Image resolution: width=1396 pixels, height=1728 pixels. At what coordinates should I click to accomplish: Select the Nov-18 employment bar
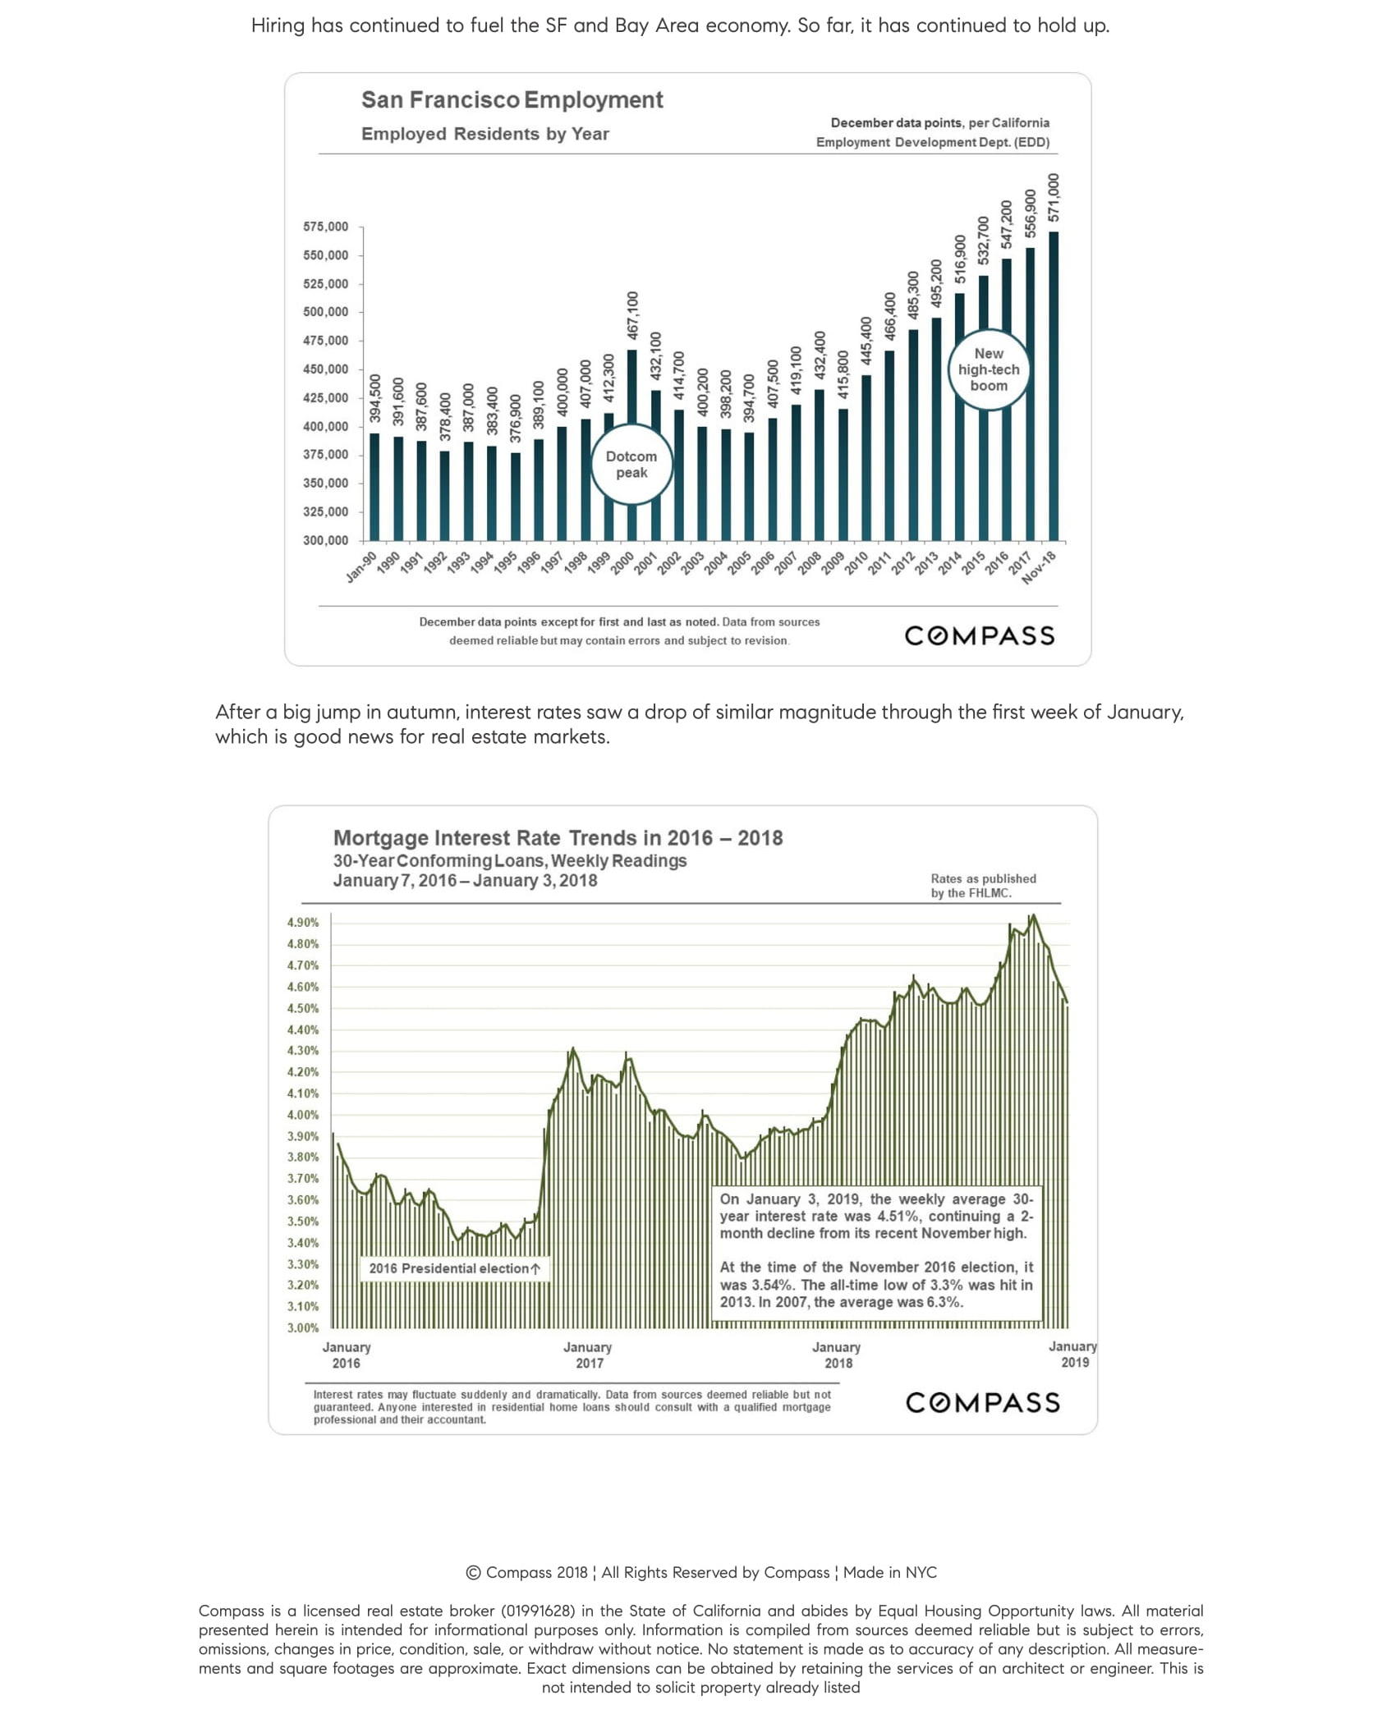1054,386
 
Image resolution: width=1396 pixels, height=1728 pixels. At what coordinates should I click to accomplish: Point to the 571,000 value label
1054,197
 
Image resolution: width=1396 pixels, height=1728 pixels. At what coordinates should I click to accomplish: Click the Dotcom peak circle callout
631,465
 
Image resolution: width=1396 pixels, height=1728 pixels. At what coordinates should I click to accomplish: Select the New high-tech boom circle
989,369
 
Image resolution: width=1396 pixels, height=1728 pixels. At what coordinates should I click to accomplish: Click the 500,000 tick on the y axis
326,312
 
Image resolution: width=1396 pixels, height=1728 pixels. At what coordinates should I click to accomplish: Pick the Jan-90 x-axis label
361,567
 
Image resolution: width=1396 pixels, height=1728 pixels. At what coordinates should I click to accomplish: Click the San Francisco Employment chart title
512,100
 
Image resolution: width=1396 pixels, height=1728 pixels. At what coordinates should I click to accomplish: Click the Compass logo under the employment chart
979,635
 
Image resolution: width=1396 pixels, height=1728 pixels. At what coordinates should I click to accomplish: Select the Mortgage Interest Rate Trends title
558,837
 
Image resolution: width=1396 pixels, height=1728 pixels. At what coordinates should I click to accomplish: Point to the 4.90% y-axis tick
303,923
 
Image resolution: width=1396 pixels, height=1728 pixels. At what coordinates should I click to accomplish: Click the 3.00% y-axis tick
303,1327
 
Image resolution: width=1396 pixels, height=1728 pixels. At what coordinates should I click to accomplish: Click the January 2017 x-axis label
588,1355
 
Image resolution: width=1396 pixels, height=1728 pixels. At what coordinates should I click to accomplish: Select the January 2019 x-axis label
1073,1354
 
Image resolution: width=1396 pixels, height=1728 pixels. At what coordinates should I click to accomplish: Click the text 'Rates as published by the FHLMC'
983,886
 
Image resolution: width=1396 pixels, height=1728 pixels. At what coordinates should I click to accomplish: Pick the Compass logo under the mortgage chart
982,1402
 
